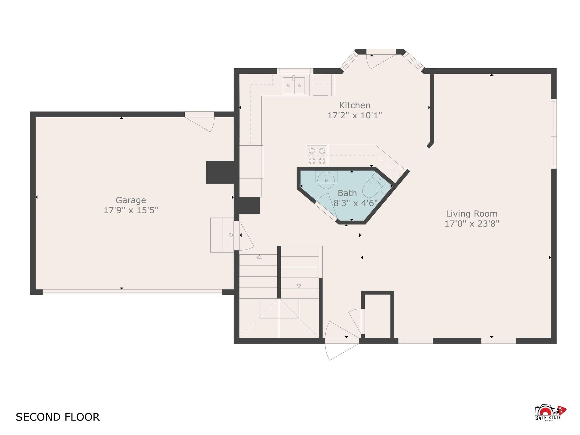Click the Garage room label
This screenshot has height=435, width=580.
click(x=131, y=200)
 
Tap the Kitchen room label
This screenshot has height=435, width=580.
click(x=355, y=105)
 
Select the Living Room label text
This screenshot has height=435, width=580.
click(x=472, y=214)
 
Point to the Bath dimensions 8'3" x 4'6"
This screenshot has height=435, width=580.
click(x=356, y=203)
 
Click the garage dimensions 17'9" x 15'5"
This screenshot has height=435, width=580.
click(x=131, y=210)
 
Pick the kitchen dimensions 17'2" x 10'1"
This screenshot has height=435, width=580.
click(x=355, y=115)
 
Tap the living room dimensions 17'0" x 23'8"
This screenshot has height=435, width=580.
click(x=472, y=224)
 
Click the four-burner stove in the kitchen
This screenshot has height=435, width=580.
click(x=317, y=156)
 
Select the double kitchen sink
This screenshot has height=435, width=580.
click(x=294, y=85)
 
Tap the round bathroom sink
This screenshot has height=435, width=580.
click(x=326, y=180)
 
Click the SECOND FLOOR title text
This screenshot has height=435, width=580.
click(x=57, y=417)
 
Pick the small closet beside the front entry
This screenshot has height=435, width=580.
click(x=378, y=315)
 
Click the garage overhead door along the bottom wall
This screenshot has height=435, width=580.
click(x=132, y=292)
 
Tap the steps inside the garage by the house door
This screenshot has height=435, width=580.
click(x=222, y=235)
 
